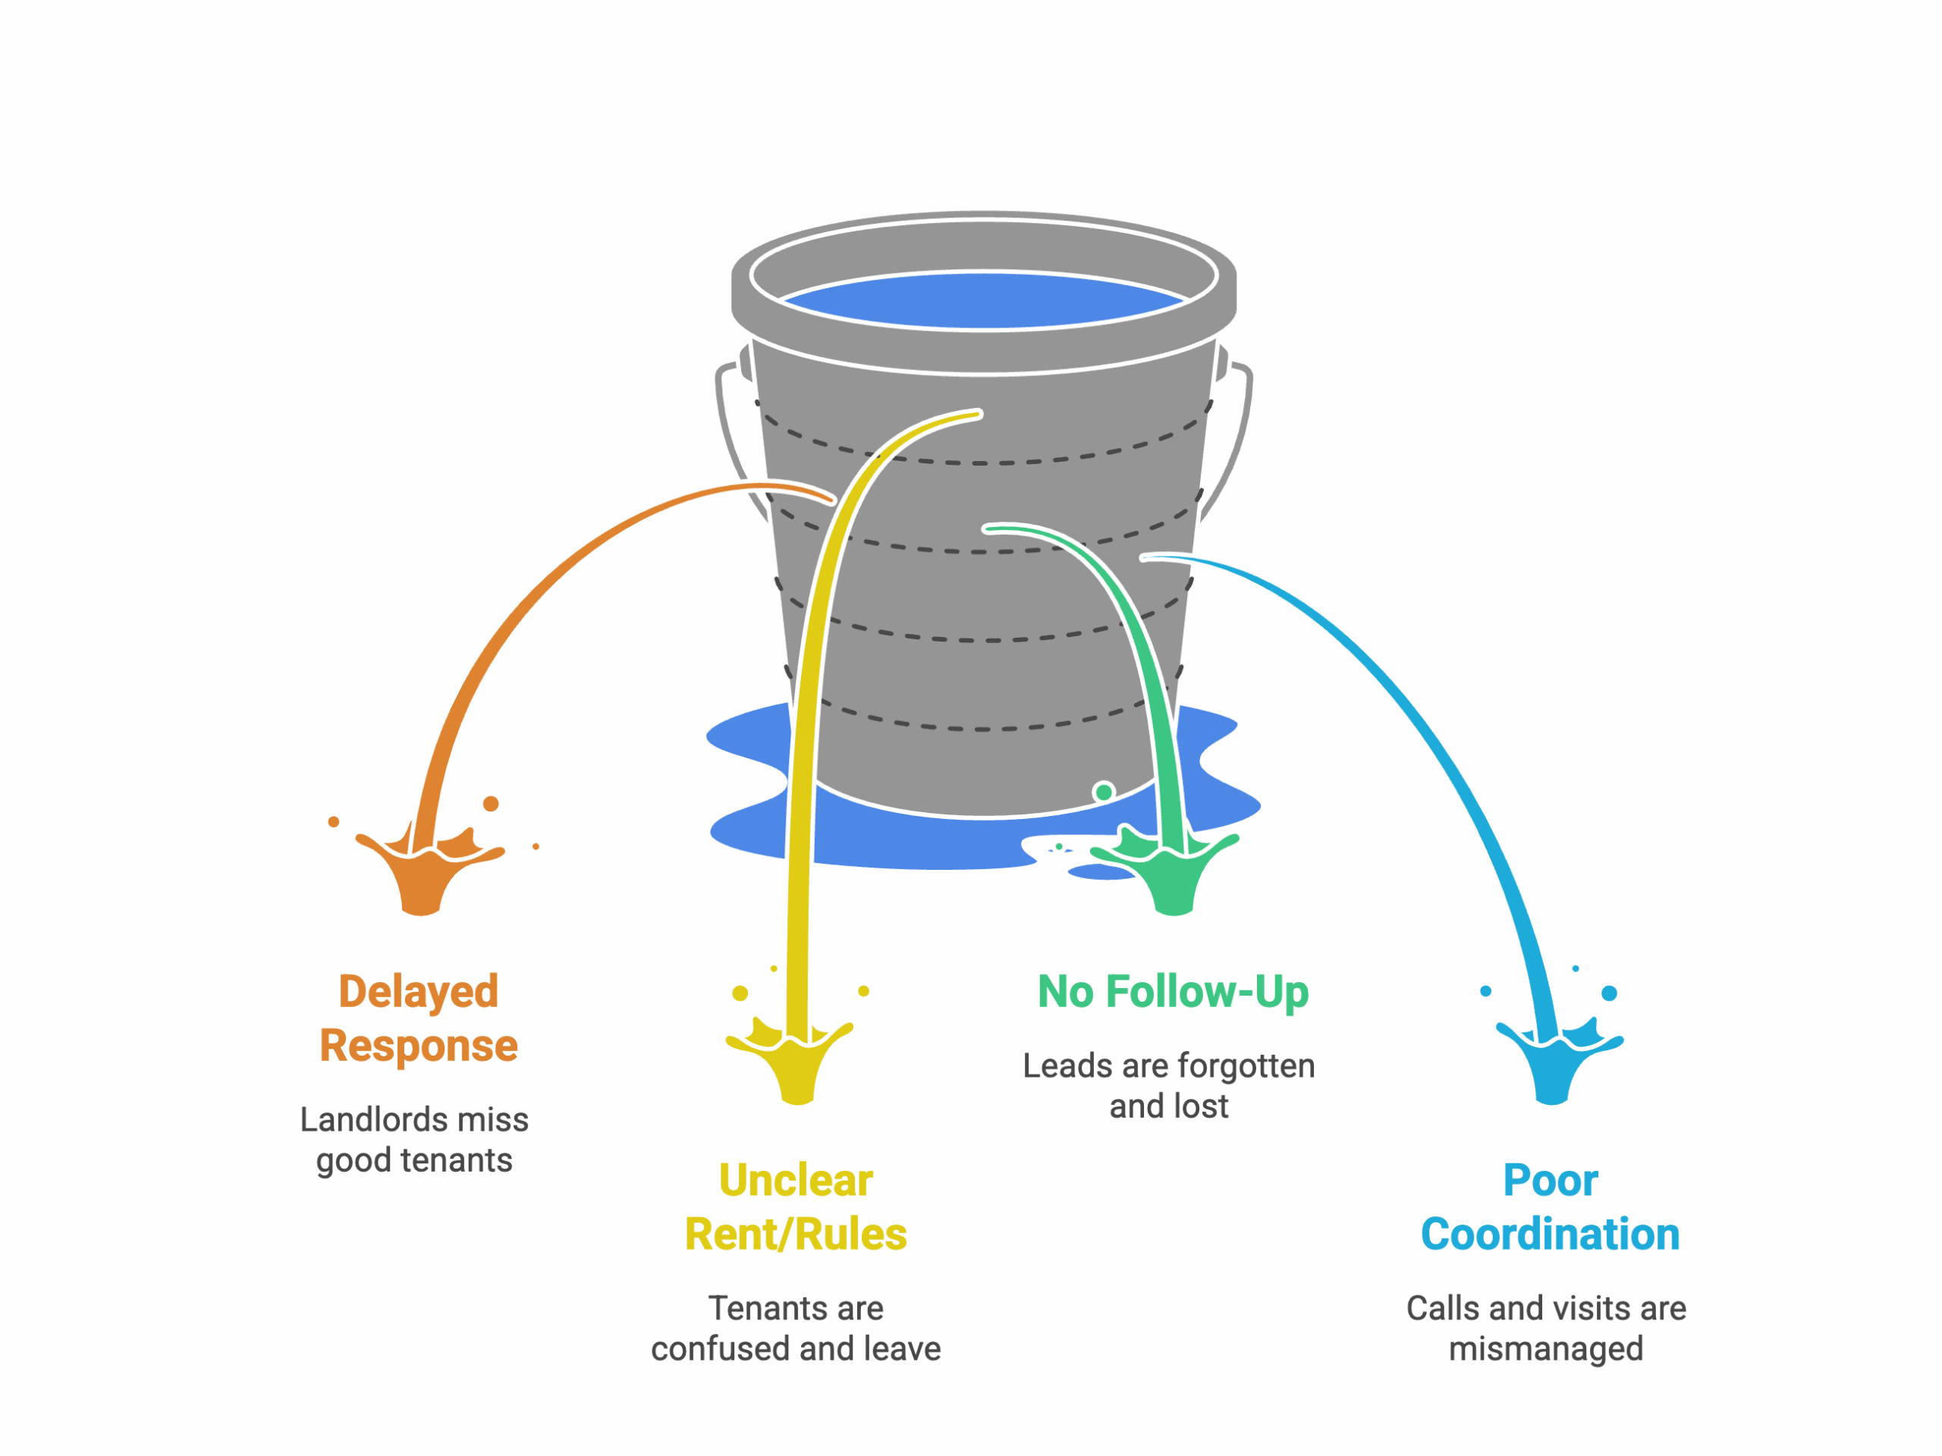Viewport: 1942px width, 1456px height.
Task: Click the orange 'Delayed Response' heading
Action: pos(419,1018)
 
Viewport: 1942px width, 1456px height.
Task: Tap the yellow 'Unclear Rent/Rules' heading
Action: pos(796,1207)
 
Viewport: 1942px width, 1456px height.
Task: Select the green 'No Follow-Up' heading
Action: pos(1173,992)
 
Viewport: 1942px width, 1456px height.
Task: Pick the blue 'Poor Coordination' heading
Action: pos(1551,1207)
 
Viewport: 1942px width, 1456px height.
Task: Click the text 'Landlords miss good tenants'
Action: pos(414,1140)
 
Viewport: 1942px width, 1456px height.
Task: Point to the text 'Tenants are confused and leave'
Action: pos(796,1328)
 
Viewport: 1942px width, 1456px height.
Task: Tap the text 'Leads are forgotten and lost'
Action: pos(1168,1086)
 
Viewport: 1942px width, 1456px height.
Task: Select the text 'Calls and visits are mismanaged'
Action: pos(1546,1328)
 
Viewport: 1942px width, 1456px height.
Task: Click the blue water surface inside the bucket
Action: pos(983,301)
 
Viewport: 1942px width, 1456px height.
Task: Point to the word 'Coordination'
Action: pos(1551,1234)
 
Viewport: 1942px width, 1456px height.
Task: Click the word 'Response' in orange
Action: pos(419,1045)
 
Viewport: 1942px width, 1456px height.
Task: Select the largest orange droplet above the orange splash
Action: pos(492,803)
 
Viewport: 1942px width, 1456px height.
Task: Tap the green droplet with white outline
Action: pos(1104,792)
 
